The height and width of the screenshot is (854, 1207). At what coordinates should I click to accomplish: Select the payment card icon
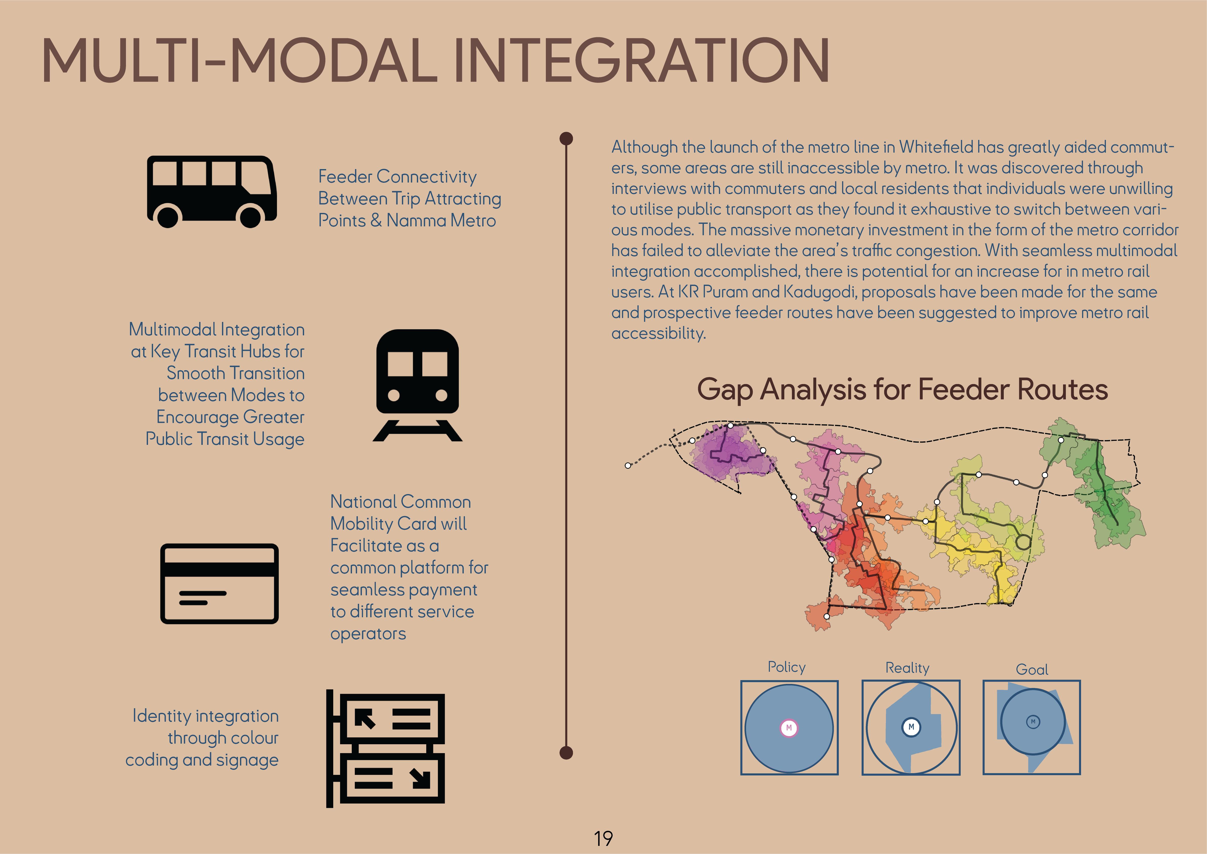tap(219, 584)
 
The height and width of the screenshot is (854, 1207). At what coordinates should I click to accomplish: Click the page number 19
tap(603, 838)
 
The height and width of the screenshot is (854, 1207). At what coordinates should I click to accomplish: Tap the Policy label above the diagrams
tap(786, 667)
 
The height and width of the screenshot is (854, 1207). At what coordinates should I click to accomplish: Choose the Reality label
tap(907, 668)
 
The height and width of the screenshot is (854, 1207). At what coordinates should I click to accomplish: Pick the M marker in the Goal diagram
tap(1033, 721)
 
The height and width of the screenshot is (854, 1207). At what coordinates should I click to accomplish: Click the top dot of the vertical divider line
tap(566, 138)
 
